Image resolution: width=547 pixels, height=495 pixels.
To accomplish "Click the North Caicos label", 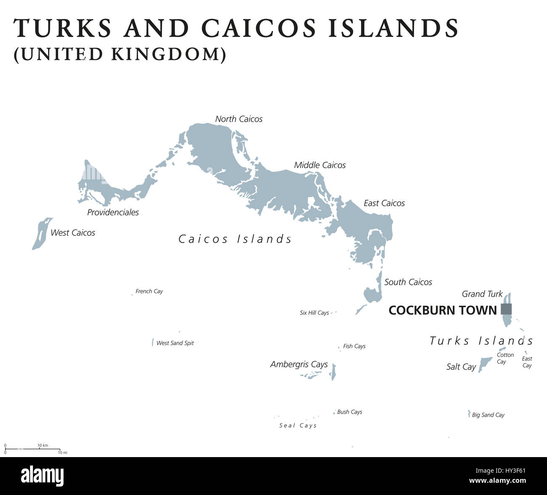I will tap(239, 119).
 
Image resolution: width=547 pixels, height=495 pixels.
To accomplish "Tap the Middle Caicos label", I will tap(320, 165).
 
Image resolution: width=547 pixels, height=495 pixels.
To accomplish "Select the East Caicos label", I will tap(384, 203).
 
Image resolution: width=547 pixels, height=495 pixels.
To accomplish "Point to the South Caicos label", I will tap(408, 282).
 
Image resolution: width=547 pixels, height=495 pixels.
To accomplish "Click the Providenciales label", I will tap(113, 212).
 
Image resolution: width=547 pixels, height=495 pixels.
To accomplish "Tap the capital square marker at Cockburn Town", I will tap(506, 309).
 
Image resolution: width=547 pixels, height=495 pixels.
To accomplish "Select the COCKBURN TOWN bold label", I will tap(443, 310).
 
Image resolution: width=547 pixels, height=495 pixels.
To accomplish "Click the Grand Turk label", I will tap(482, 294).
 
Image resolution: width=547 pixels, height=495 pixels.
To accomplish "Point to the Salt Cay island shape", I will tap(485, 364).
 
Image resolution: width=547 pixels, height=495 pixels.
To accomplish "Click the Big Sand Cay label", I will tap(488, 415).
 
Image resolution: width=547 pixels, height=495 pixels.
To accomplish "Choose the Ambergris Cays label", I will tap(299, 364).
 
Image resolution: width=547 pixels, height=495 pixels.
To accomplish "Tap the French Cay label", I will tap(149, 292).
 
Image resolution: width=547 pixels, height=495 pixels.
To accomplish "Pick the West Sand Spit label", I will tap(175, 343).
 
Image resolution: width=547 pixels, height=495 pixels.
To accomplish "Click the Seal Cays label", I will tap(298, 425).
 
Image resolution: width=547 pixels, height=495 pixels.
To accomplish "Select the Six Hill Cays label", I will tap(314, 313).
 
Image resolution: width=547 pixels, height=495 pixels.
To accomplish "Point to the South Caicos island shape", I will tap(372, 294).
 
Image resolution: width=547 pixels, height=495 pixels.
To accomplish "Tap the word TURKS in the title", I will tap(63, 28).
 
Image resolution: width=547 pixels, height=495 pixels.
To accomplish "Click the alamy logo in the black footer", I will tap(42, 476).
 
